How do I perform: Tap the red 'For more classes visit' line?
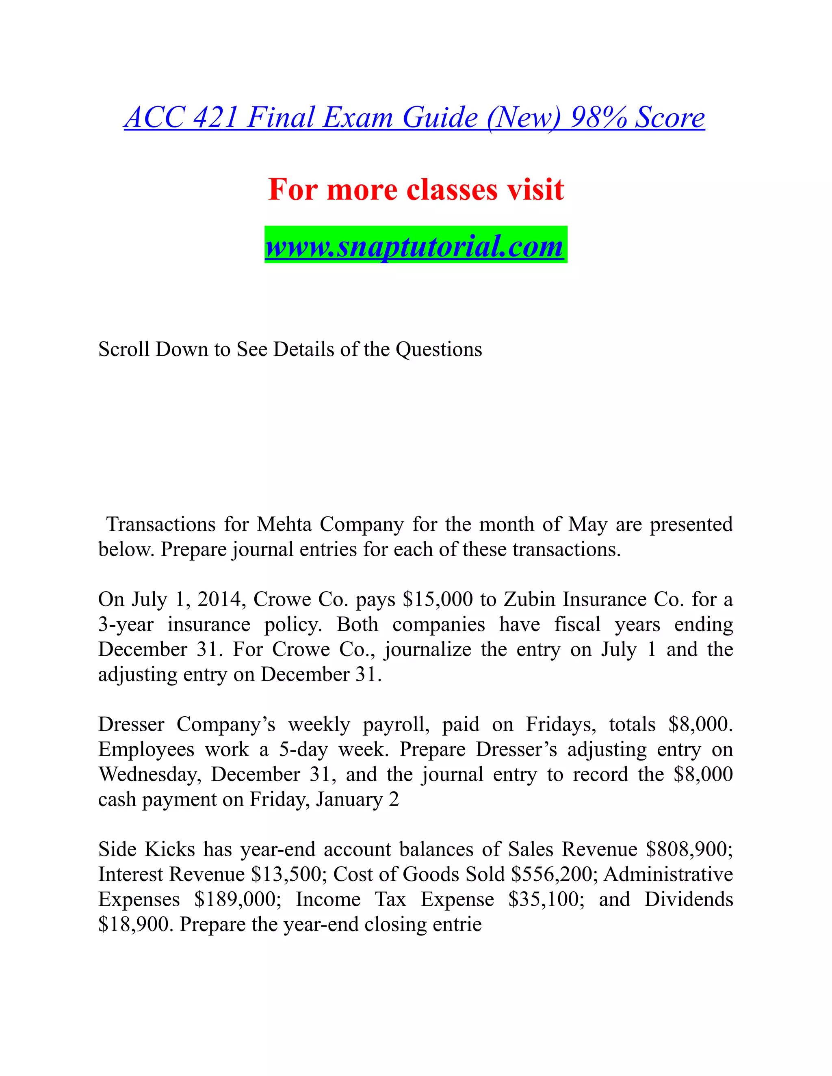point(416,189)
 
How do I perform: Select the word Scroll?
point(123,349)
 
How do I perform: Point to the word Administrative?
point(668,875)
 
